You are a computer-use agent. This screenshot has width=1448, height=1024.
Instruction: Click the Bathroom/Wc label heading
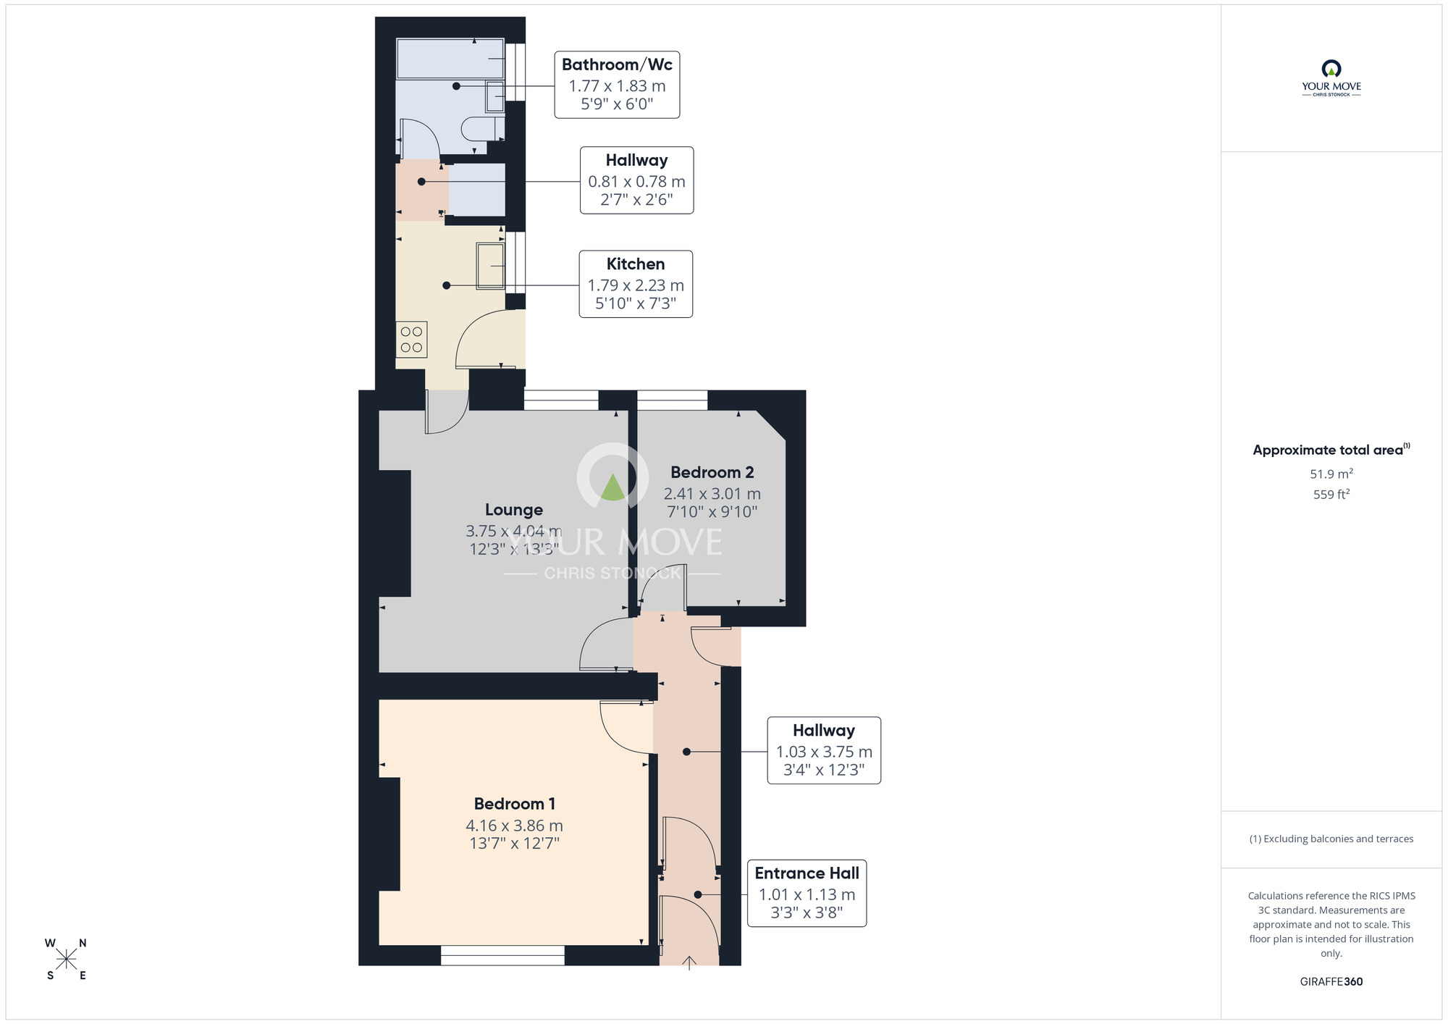617,65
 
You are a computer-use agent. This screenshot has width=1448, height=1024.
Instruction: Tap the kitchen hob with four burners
411,340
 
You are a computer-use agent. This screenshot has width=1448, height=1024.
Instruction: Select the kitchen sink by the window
490,267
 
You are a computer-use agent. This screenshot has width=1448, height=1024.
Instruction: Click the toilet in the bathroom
481,129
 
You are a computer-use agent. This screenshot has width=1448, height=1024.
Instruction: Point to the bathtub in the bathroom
450,59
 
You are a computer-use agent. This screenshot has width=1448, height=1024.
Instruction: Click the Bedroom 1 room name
514,804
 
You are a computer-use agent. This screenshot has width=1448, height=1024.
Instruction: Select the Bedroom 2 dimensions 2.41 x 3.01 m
712,494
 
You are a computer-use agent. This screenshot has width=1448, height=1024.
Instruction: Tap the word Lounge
513,510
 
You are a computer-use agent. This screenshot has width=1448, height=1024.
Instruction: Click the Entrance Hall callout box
807,893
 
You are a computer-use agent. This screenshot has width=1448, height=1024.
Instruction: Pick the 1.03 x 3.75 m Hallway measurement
824,752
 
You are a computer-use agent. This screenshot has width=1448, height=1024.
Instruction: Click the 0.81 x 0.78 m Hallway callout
636,181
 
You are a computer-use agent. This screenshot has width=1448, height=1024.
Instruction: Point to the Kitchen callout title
635,264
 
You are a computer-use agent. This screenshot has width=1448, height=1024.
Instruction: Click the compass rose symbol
66,960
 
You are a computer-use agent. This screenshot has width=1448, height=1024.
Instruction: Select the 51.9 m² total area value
1331,474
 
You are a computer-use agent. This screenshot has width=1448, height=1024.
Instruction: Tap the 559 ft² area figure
1331,495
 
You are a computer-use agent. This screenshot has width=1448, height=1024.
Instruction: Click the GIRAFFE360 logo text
1331,982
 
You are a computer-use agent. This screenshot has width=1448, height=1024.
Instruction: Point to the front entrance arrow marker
689,962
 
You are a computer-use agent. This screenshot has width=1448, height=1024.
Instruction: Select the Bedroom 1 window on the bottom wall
502,956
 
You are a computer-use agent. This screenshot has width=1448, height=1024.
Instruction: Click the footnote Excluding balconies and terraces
1331,839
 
